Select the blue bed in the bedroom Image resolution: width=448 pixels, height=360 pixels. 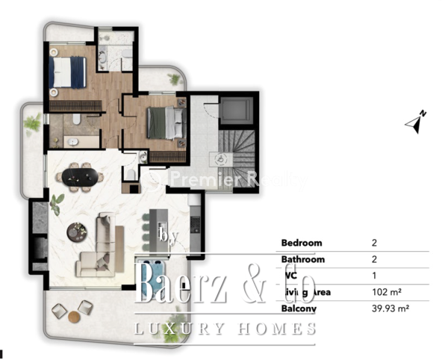click(x=69, y=73)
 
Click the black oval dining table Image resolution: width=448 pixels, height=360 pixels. click(x=78, y=177)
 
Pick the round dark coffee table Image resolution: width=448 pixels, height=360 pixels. click(x=76, y=232)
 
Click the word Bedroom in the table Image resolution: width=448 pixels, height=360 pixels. click(x=302, y=243)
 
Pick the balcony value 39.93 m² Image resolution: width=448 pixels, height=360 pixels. click(x=390, y=308)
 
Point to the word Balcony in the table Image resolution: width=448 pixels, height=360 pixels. click(x=299, y=308)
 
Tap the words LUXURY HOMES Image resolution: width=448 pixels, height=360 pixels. click(x=224, y=329)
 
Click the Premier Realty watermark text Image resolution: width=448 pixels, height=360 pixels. click(x=224, y=179)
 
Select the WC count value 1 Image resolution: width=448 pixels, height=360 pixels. click(x=373, y=275)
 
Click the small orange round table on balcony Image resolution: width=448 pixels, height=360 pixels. click(x=74, y=317)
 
